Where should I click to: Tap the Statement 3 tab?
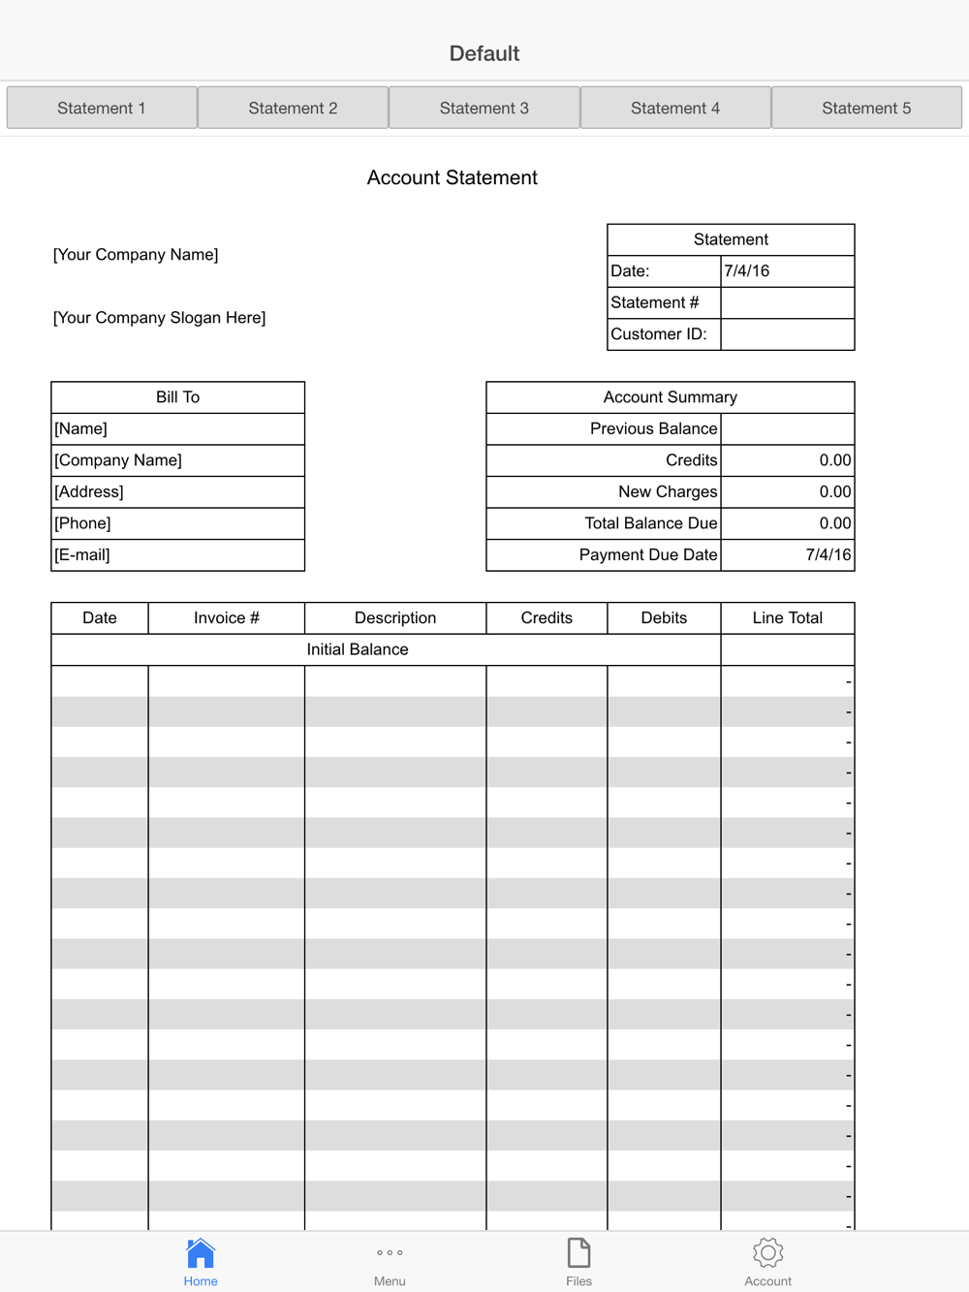[484, 108]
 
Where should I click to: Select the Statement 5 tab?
[866, 108]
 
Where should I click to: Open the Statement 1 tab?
[102, 108]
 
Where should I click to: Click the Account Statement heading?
[452, 177]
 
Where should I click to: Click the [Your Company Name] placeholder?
[136, 254]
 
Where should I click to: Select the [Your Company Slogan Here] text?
[159, 317]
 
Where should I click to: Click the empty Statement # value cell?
[787, 302]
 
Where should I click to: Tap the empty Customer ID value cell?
[787, 334]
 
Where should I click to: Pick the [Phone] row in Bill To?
[177, 523]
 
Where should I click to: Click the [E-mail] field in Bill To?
[177, 554]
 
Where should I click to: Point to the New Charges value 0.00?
[833, 491]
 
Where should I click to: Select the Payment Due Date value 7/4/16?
[827, 554]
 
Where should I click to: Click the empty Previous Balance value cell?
[787, 428]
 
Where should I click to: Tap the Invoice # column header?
[226, 617]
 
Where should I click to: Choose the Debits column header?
[664, 617]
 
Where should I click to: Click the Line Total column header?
[787, 617]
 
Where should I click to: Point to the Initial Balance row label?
[358, 649]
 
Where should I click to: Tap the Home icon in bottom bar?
[201, 1253]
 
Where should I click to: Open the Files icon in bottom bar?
[578, 1253]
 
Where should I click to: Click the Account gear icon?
[767, 1253]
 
